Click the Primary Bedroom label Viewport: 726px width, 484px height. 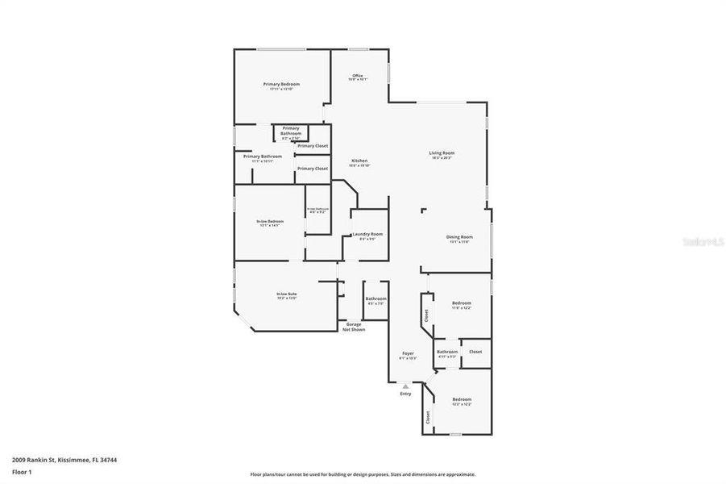click(x=281, y=85)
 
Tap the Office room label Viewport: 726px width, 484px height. click(x=358, y=76)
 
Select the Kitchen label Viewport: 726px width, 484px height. click(x=359, y=161)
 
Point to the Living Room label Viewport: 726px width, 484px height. click(x=442, y=153)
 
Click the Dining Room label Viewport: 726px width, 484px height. click(x=459, y=237)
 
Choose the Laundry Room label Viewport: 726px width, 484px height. click(x=367, y=234)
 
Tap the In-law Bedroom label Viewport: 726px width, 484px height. click(x=269, y=221)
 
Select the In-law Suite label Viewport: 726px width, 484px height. click(x=287, y=294)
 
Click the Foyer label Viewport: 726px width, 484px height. click(x=408, y=353)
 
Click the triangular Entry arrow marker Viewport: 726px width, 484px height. click(x=405, y=386)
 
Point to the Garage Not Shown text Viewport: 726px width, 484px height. click(x=354, y=327)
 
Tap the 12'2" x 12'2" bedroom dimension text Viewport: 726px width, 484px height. click(x=461, y=404)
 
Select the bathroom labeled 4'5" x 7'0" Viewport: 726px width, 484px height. click(x=375, y=301)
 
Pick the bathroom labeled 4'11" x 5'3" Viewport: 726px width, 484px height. click(x=446, y=353)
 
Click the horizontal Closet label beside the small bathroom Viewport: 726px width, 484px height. click(x=475, y=352)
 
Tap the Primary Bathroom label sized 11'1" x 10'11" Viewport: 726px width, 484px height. click(x=267, y=158)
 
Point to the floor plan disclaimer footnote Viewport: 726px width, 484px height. click(x=363, y=474)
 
